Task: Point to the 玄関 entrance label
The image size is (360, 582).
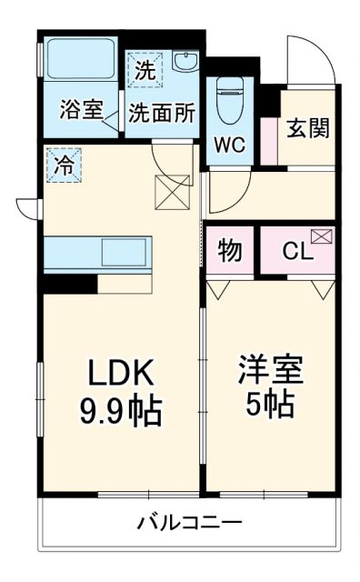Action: (x=308, y=128)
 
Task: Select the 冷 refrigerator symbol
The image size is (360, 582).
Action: (x=64, y=166)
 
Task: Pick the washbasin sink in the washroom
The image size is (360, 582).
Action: (x=185, y=63)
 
